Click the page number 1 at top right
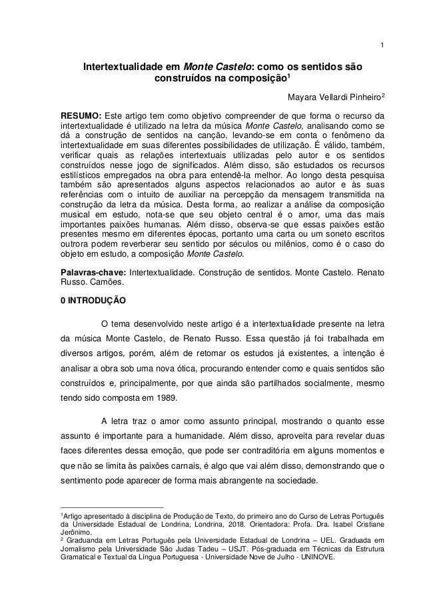(381, 27)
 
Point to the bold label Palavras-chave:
(93, 272)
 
